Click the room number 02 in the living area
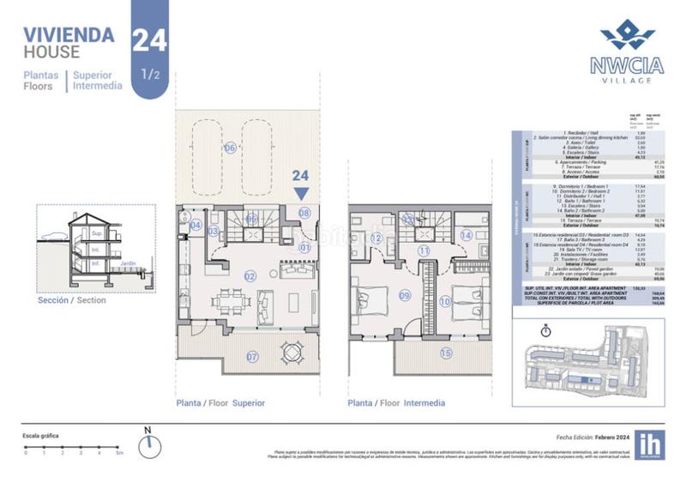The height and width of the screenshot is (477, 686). [x=250, y=276]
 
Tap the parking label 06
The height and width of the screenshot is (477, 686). [x=229, y=148]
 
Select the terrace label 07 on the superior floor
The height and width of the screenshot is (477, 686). [x=252, y=356]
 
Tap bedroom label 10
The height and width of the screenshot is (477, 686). [x=445, y=301]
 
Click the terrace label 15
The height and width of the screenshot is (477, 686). [x=444, y=353]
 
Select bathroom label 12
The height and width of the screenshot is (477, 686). [x=376, y=238]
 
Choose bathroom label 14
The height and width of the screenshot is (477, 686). [x=466, y=234]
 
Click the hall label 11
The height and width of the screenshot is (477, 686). [x=424, y=251]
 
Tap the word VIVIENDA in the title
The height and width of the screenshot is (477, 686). [x=69, y=35]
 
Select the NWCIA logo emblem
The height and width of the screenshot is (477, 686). [x=627, y=35]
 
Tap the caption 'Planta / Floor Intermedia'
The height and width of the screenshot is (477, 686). [x=396, y=403]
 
